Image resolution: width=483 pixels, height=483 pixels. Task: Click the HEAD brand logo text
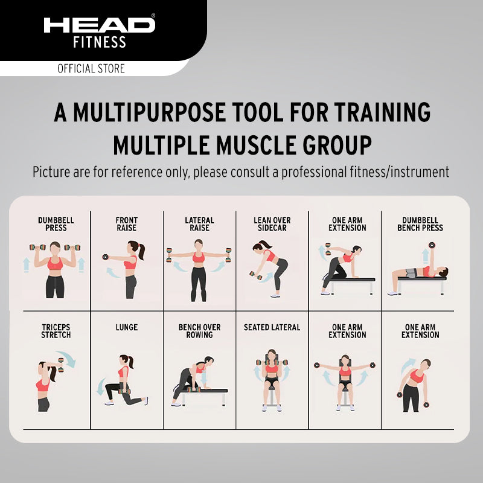[99, 25]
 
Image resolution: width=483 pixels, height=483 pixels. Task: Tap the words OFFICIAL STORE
[91, 68]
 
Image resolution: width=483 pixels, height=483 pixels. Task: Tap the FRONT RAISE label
[127, 224]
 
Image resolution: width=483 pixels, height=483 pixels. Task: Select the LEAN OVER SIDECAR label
[272, 224]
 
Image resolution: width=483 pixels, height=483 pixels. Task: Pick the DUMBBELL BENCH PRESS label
[420, 224]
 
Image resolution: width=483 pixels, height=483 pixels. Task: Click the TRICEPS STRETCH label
[56, 331]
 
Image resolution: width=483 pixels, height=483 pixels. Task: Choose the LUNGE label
[126, 327]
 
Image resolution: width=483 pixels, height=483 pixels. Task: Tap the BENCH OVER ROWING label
[199, 331]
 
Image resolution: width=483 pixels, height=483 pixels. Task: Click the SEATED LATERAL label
[272, 327]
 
